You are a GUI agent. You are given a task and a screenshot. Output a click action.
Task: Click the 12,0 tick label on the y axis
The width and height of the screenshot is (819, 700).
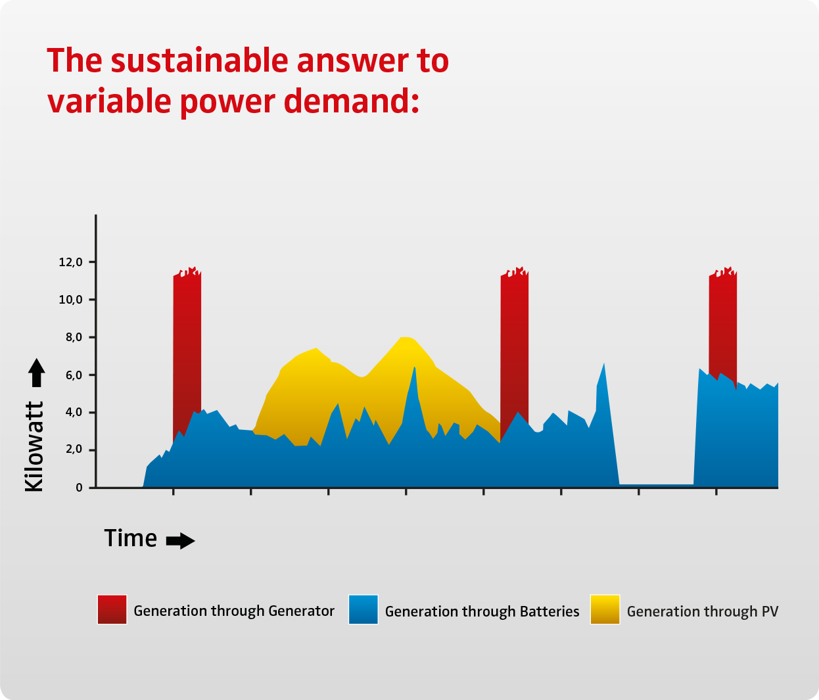coord(70,262)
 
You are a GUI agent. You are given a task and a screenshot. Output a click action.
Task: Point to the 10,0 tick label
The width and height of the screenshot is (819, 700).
coord(70,300)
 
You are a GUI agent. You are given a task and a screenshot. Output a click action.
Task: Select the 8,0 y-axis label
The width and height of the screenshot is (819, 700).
coord(74,338)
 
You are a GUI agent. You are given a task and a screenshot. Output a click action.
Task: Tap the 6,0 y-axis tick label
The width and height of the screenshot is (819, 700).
coord(74,375)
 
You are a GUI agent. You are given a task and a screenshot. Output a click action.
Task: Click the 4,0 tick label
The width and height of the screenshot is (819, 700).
coord(74,412)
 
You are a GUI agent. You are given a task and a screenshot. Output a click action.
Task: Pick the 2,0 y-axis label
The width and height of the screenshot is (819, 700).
coord(74,450)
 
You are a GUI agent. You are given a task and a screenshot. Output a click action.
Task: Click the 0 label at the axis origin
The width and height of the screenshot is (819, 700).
coord(80,488)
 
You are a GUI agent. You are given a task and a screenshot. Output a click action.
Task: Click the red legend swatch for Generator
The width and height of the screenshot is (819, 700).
coord(112,610)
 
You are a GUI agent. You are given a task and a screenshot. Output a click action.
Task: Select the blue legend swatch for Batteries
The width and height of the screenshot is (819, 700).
coord(363,610)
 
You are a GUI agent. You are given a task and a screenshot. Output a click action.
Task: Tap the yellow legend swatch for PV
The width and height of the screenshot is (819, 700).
coord(605,610)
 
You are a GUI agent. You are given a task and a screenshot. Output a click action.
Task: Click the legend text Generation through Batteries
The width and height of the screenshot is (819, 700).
coord(482,612)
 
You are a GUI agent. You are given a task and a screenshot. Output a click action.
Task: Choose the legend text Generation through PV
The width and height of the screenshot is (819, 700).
coord(703,612)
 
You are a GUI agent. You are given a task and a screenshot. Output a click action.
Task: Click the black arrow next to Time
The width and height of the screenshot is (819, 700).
coord(180,541)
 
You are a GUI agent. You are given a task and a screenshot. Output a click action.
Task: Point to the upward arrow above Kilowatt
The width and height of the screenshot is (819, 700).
coord(37,373)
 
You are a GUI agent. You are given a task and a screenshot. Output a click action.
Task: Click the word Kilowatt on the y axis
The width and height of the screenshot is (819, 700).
coord(34,447)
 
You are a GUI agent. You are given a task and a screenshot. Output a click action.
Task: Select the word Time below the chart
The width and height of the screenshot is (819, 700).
coord(131,538)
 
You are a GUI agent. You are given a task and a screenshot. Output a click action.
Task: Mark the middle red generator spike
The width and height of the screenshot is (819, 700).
coord(514,348)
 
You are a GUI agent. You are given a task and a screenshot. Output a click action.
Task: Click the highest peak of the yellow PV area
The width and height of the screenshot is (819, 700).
coord(406,338)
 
